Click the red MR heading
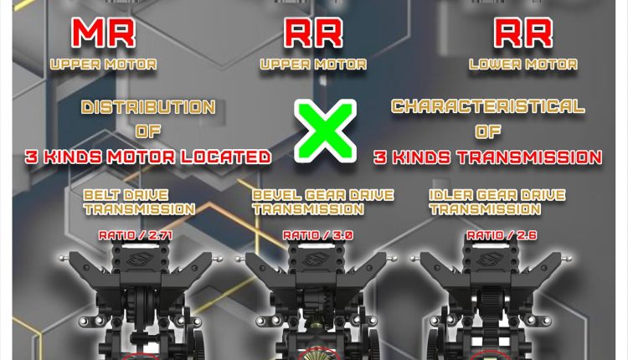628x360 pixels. click(x=103, y=33)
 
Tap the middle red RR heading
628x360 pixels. click(x=313, y=33)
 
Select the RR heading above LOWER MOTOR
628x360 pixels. click(x=522, y=33)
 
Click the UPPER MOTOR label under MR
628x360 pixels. click(x=103, y=64)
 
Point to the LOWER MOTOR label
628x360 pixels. click(x=522, y=64)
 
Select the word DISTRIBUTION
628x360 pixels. click(x=148, y=107)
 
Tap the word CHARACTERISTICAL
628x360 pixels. click(x=487, y=107)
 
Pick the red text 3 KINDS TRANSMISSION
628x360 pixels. click(x=488, y=157)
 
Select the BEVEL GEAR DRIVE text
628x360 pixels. click(x=322, y=195)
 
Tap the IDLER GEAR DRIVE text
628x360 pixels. click(x=497, y=195)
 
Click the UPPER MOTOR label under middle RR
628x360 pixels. click(x=313, y=64)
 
